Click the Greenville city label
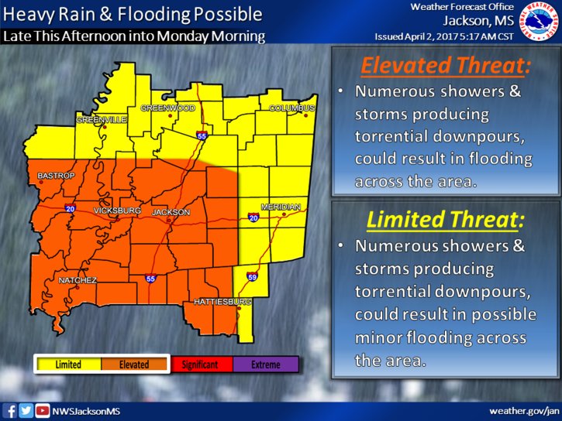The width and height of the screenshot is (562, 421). tap(101, 120)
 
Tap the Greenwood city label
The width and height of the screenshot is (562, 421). tap(167, 108)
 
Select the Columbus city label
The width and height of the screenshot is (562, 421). tap(292, 108)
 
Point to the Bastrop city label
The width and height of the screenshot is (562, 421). tap(56, 176)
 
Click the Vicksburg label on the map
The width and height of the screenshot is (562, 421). tap(116, 210)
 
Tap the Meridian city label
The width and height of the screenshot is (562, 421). tap(281, 207)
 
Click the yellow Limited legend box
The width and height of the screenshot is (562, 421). tap(68, 365)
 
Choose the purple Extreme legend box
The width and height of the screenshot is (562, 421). tap(266, 365)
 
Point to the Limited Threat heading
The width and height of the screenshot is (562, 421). tap(445, 220)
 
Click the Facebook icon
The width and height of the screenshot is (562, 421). tap(11, 410)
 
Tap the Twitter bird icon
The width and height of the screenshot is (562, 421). tap(26, 410)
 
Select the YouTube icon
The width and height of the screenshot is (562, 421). tap(43, 410)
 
